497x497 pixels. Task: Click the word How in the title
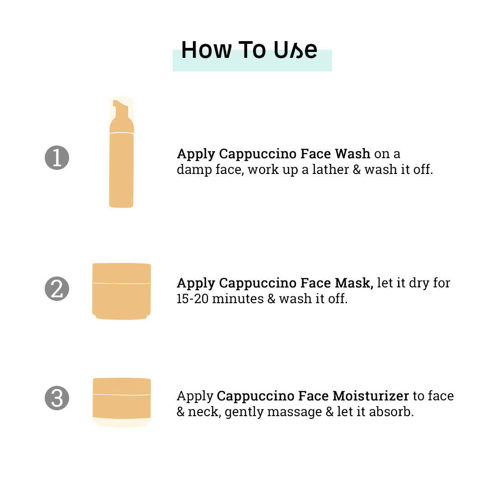206,50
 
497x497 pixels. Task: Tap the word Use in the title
295,50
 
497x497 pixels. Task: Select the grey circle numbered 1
57,158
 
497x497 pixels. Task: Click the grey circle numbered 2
57,289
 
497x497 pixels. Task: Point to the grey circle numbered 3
57,398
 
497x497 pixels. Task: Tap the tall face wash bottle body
122,170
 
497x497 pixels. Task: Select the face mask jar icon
122,291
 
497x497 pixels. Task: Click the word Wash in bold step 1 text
352,154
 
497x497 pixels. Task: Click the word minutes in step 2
238,299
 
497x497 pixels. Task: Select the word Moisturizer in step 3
370,396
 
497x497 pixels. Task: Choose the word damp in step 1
194,170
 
